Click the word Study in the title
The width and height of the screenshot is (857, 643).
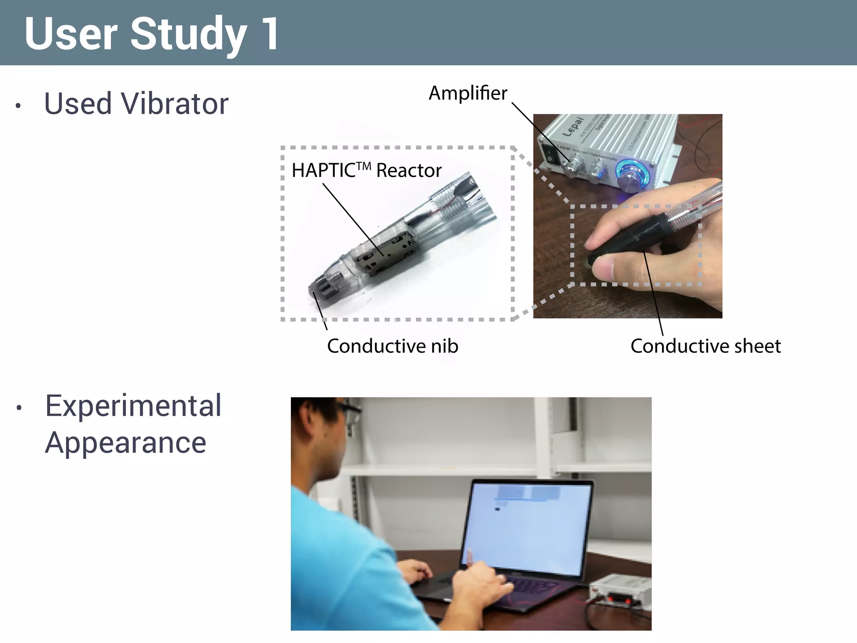[188, 34]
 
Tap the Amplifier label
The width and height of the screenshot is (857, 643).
[467, 93]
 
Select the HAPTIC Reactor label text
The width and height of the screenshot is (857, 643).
[366, 170]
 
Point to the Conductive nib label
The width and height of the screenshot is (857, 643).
[392, 346]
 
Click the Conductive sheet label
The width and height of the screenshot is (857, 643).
[705, 346]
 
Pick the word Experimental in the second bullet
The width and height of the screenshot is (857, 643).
[133, 406]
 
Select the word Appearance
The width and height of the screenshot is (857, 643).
[126, 443]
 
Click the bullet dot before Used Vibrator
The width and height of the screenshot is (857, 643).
[18, 105]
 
